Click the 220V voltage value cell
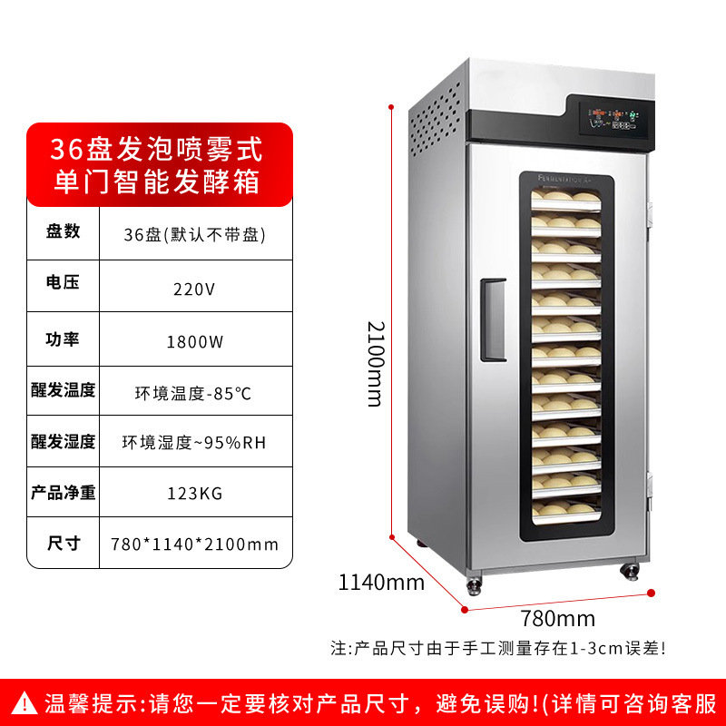coord(194,290)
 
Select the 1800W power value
coord(194,342)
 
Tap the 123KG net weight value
coord(194,493)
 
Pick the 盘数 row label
coord(63,231)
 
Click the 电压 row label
coord(63,282)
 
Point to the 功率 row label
coord(63,339)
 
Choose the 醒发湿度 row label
coord(63,442)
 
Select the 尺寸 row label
coord(63,544)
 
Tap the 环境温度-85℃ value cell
coord(193,394)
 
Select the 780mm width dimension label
coord(558,620)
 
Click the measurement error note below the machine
coord(499,648)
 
